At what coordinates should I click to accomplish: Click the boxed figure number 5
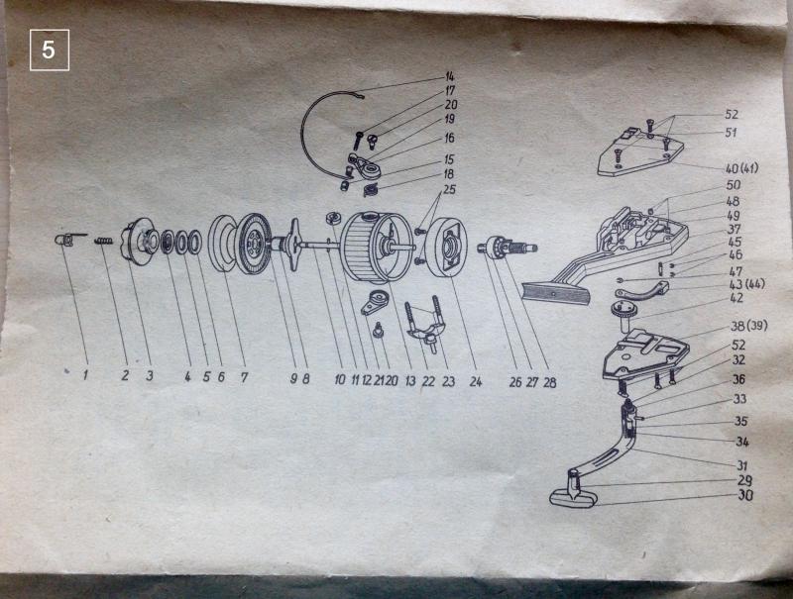[x=49, y=50]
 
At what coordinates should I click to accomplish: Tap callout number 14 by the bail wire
[x=450, y=77]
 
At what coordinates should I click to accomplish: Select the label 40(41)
[x=741, y=167]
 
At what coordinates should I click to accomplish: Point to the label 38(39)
[x=748, y=326]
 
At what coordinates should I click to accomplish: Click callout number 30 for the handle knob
[x=745, y=495]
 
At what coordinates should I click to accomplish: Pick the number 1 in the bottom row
[x=86, y=375]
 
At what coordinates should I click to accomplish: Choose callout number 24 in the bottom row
[x=475, y=381]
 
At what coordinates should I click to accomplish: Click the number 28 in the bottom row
[x=550, y=382]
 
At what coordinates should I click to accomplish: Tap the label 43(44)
[x=747, y=285]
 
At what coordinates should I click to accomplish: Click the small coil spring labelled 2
[x=103, y=242]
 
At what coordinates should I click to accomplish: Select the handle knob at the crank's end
[x=573, y=494]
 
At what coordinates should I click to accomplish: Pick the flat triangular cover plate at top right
[x=640, y=150]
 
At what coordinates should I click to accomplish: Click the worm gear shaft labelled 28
[x=508, y=247]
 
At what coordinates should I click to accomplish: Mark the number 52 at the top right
[x=732, y=115]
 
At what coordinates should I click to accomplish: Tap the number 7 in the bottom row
[x=244, y=377]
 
